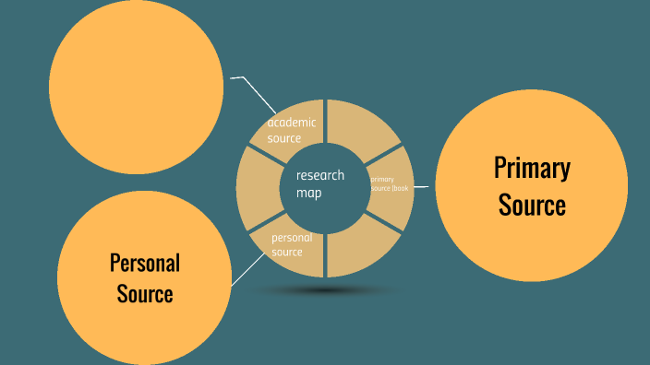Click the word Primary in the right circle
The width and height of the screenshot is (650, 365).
click(x=532, y=169)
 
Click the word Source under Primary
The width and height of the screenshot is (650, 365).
click(x=532, y=205)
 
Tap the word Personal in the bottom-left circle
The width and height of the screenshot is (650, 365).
click(x=145, y=263)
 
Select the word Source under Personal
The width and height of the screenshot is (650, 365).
click(x=145, y=295)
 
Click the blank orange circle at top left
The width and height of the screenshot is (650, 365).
click(x=136, y=86)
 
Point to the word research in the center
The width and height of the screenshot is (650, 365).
click(x=319, y=175)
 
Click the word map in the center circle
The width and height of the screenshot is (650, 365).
click(x=309, y=194)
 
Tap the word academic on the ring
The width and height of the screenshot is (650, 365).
click(x=292, y=123)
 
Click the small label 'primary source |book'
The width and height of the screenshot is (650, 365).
click(x=388, y=183)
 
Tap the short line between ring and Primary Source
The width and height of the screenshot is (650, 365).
click(x=423, y=187)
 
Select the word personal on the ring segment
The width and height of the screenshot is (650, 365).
click(x=292, y=238)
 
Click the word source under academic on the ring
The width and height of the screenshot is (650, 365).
click(x=284, y=138)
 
